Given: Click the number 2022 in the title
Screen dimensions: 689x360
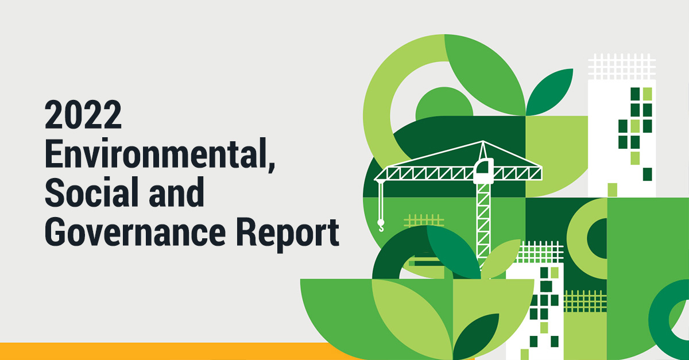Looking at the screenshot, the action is tap(83, 114).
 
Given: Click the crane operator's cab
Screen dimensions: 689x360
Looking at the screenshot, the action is tap(483, 171).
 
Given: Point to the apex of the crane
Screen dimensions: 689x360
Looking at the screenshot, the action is tap(483, 141).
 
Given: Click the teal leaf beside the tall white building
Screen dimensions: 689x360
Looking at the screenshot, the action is tap(549, 92).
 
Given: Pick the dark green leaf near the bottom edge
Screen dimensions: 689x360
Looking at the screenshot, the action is tap(476, 337).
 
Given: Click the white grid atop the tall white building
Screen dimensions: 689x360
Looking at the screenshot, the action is tap(622, 67).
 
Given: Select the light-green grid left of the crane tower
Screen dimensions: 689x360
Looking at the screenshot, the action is tap(424, 220).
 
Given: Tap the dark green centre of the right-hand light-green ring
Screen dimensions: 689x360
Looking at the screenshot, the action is tap(597, 238).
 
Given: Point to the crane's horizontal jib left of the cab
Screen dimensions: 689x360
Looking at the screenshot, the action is tap(424, 173).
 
